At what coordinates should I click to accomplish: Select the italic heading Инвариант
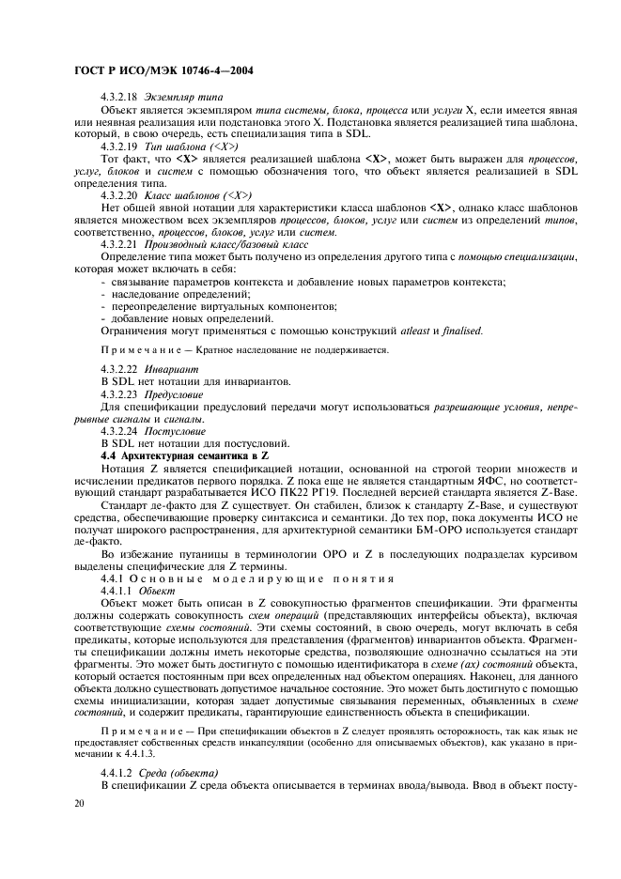pyautogui.click(x=176, y=370)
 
